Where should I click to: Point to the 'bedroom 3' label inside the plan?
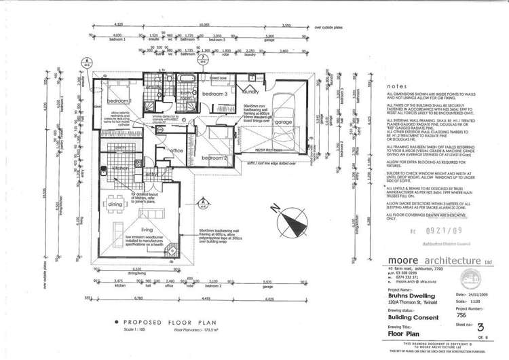click(x=217, y=92)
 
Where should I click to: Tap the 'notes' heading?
click(x=392, y=87)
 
